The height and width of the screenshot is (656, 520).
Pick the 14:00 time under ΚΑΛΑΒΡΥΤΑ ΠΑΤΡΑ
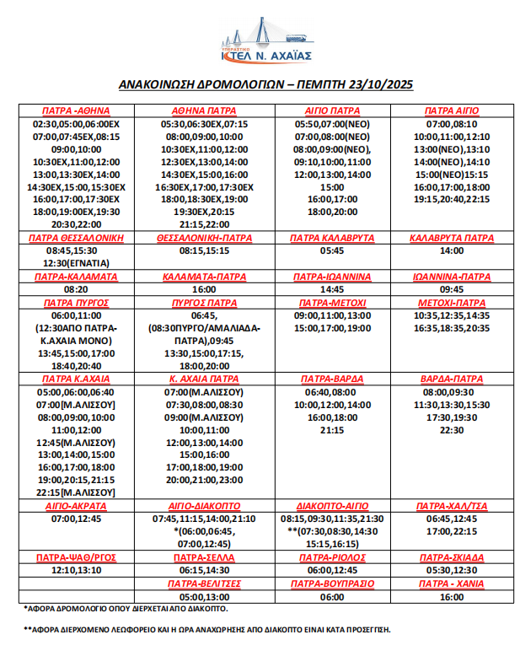click(452, 250)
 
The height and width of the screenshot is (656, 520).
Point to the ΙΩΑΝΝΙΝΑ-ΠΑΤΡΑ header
click(452, 276)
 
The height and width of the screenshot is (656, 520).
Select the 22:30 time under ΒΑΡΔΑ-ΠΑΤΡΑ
click(452, 430)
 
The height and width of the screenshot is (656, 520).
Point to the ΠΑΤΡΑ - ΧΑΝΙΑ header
click(452, 583)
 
